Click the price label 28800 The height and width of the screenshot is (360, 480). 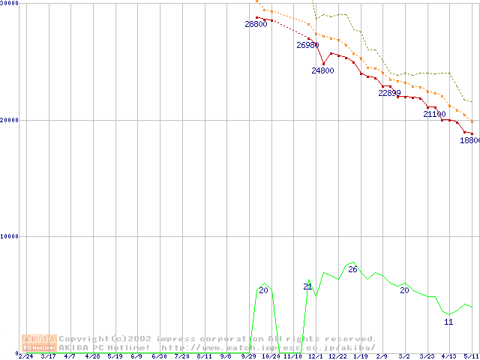point(256,25)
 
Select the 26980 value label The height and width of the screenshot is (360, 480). point(307,46)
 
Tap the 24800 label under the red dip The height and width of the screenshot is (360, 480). point(322,70)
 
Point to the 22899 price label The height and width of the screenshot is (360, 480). point(389,93)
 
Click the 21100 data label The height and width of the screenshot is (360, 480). point(434,115)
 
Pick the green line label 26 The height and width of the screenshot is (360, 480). point(352,269)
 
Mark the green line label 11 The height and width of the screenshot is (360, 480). point(448,322)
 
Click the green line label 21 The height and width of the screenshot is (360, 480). point(307,286)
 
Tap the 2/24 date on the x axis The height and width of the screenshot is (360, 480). point(25,356)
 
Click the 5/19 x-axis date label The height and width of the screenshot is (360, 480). point(115,356)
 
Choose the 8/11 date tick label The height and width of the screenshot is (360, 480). point(204,356)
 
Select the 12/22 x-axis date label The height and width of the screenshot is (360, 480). point(337,356)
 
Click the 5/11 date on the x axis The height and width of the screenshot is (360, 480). point(471,356)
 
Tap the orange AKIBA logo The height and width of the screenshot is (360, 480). point(39,343)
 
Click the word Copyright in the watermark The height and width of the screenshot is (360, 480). point(83,339)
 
